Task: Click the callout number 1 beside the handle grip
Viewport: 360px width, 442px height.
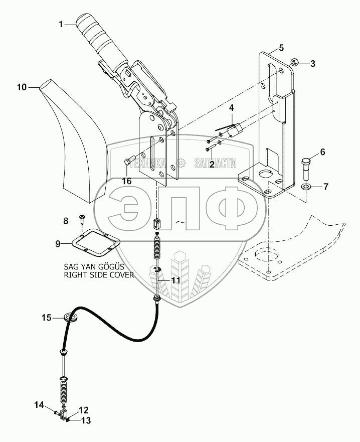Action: (61, 25)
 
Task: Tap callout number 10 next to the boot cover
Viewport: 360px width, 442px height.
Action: (22, 87)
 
